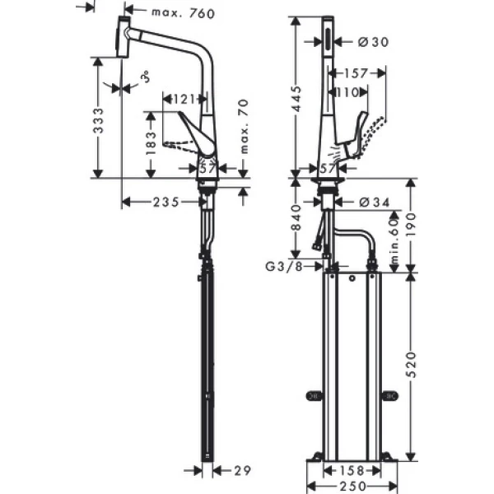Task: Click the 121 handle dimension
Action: coord(184,100)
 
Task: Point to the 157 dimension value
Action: coord(356,72)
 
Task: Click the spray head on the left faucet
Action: coord(122,37)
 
